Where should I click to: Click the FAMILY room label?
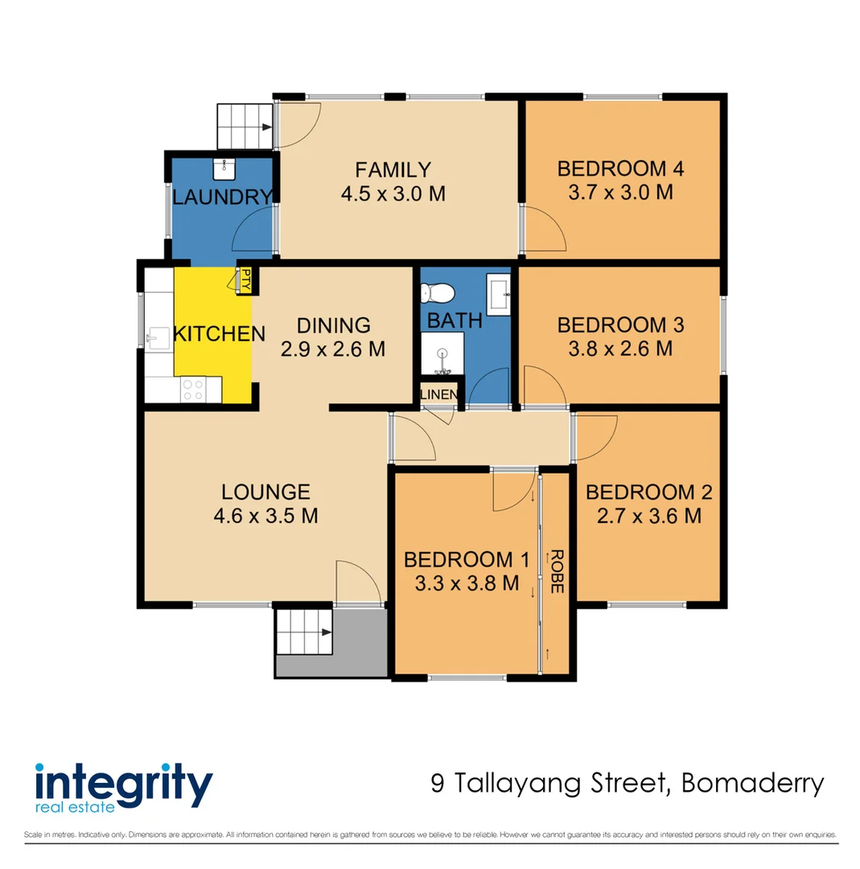393,170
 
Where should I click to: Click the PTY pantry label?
246,282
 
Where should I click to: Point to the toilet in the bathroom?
442,293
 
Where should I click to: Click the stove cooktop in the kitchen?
192,389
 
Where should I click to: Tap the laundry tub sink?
224,168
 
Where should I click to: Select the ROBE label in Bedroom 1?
555,572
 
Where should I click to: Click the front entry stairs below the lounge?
304,632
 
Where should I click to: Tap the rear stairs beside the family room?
245,126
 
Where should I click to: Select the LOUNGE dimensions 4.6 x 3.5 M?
265,516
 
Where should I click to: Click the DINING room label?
333,326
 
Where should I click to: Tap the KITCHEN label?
220,334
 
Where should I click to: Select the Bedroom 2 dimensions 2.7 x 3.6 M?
648,516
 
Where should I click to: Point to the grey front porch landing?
358,644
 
